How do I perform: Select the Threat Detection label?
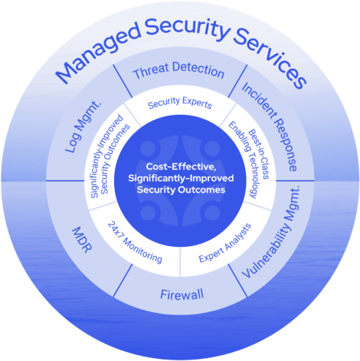click(178, 73)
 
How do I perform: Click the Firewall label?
click(181, 293)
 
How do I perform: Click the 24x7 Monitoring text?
click(135, 242)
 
